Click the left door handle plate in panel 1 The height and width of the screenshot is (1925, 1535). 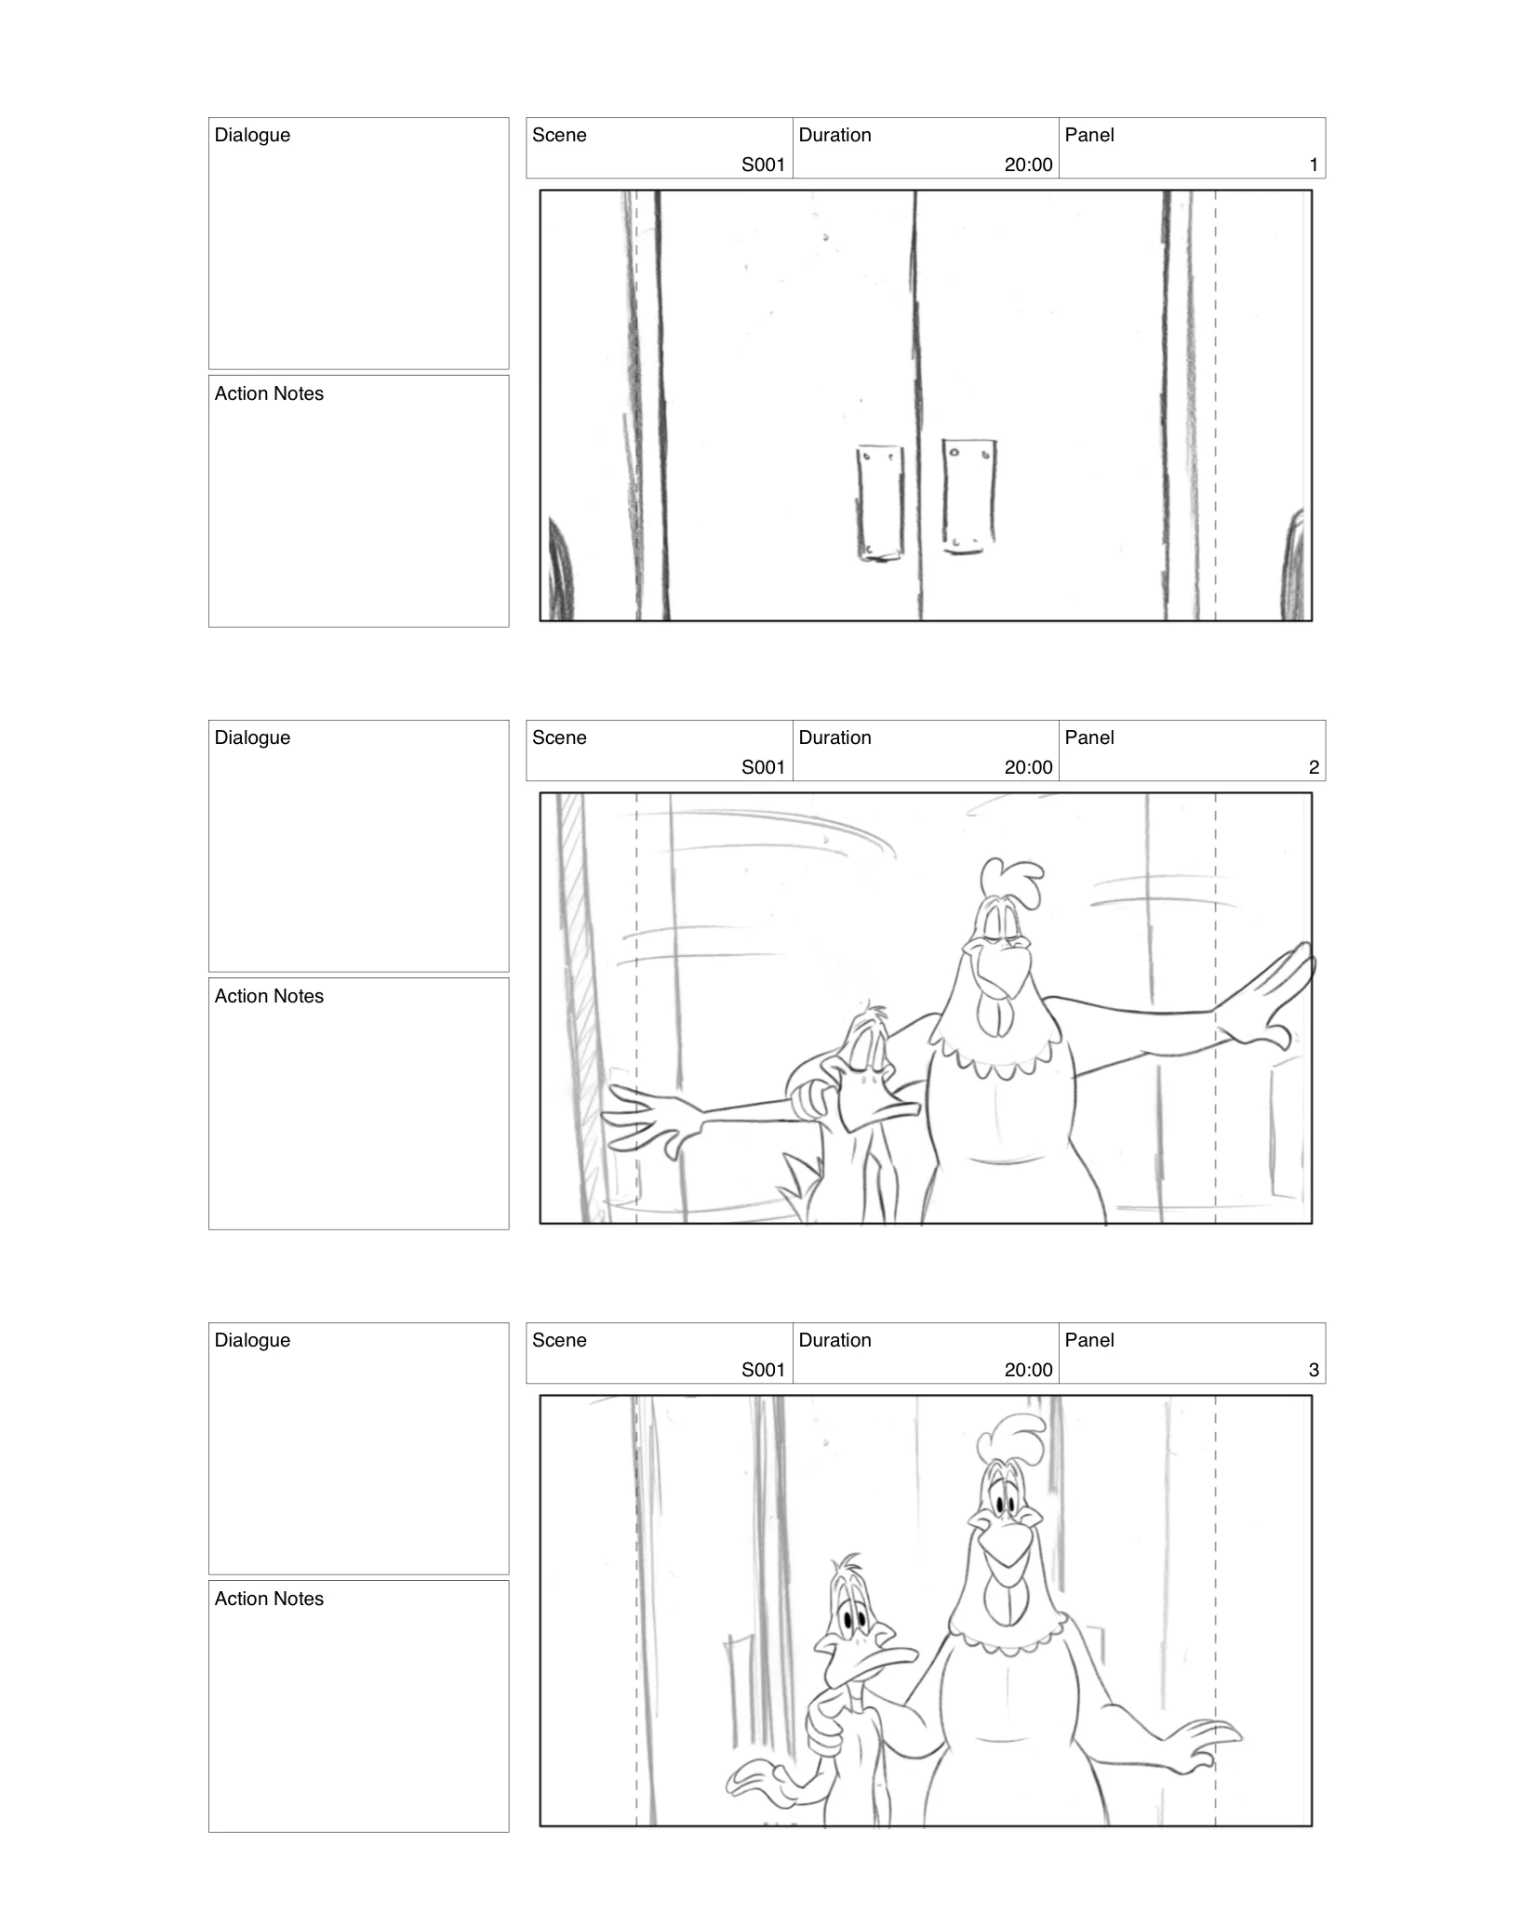click(879, 502)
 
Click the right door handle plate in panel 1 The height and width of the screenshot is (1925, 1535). click(969, 496)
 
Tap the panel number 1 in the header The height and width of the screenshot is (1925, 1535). click(1313, 165)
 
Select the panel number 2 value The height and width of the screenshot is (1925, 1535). click(1313, 767)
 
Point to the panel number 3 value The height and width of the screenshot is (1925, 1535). click(1313, 1370)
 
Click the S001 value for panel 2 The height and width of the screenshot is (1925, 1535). click(763, 767)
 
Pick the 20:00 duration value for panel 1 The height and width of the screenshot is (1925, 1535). click(1028, 165)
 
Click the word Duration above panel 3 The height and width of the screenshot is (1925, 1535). click(834, 1340)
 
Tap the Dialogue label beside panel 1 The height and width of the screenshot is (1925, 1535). click(252, 135)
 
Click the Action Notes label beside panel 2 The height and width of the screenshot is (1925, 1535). click(269, 996)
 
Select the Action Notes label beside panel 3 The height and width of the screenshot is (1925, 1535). click(269, 1599)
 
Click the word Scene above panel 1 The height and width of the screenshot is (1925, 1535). click(559, 135)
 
